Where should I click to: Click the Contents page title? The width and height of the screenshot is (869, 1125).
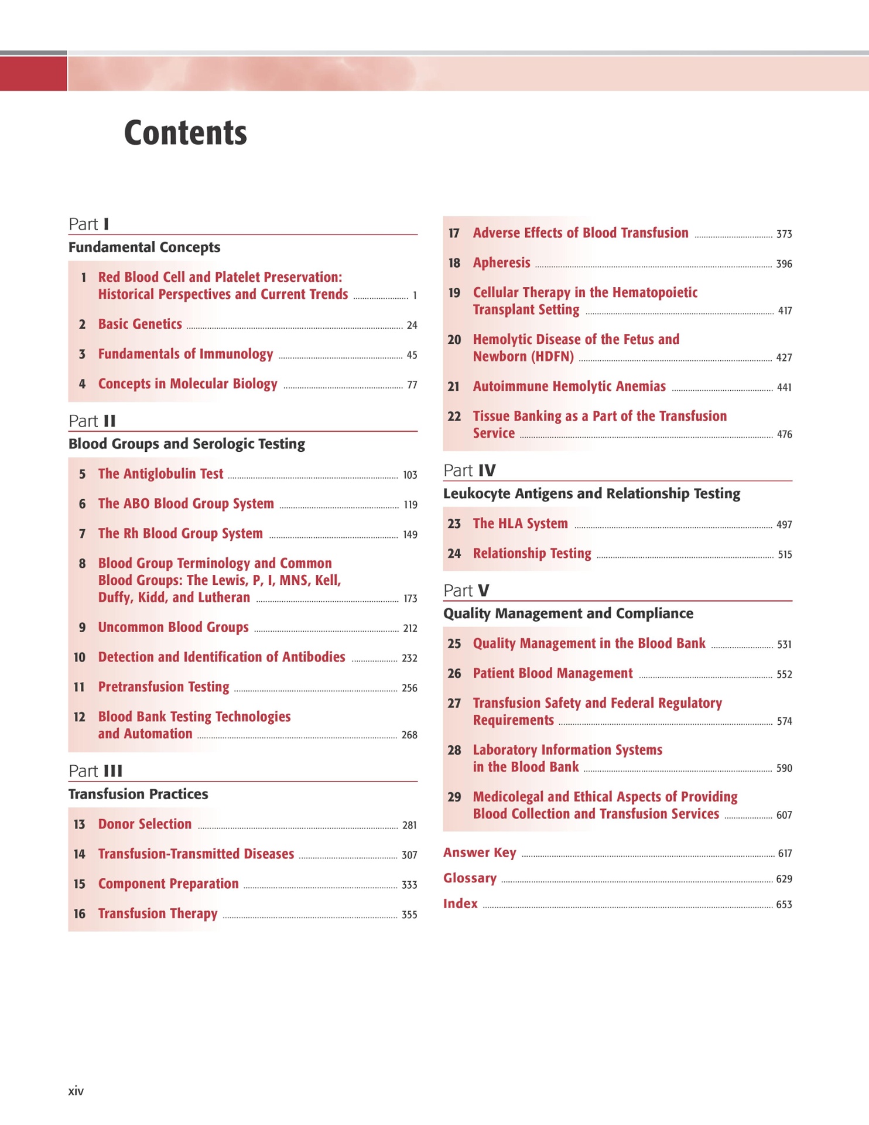pos(185,133)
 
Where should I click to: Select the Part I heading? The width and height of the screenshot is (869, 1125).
pos(89,224)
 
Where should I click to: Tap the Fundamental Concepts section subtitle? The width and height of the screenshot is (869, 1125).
pos(144,247)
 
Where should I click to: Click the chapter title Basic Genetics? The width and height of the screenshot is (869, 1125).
pos(140,324)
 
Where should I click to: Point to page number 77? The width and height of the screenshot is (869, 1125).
pos(412,385)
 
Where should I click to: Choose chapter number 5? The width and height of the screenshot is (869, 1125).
pos(82,474)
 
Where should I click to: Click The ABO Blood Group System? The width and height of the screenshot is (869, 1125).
pos(186,504)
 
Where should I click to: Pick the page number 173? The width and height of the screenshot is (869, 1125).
pos(410,598)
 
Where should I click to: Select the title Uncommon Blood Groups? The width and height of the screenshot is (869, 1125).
pos(173,628)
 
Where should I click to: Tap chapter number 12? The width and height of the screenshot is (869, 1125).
pos(80,717)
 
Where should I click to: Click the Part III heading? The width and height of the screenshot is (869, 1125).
pos(95,771)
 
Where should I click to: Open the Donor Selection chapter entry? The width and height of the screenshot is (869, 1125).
pos(145,824)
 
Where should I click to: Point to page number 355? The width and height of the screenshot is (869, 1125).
pos(409,915)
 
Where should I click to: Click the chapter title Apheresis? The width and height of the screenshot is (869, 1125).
pos(501,263)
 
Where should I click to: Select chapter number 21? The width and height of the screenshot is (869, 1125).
pos(454,387)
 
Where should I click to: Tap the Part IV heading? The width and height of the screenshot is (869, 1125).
pos(470,471)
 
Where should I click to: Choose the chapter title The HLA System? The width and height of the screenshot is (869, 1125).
pos(520,524)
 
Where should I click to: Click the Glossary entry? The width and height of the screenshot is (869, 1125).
pos(470,878)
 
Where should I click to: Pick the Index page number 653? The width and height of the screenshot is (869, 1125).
pos(784,905)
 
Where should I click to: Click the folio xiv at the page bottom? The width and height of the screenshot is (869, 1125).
pos(76,1091)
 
